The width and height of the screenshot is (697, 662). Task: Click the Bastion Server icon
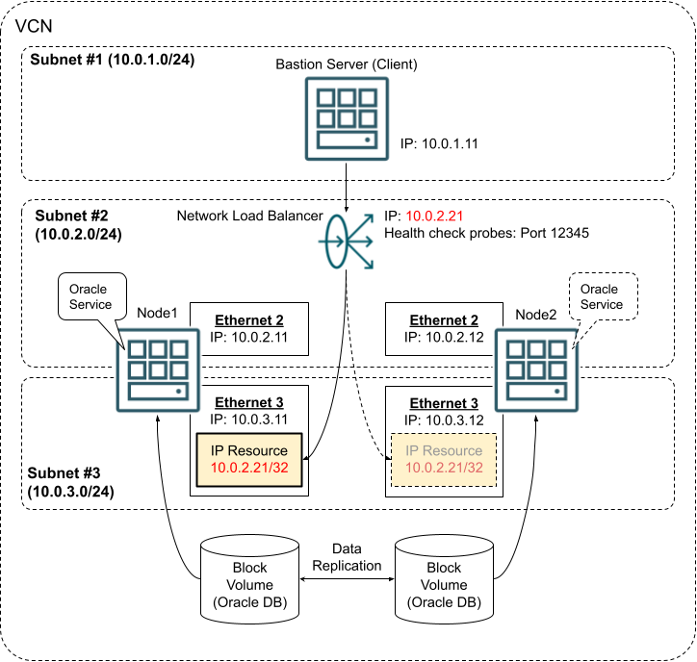pyautogui.click(x=345, y=116)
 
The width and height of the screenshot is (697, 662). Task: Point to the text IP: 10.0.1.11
pyautogui.click(x=440, y=144)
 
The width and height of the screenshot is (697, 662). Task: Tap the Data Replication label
pyautogui.click(x=347, y=556)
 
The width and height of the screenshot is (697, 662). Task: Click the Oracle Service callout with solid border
pyautogui.click(x=91, y=295)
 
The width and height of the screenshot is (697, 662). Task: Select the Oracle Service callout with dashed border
pyautogui.click(x=600, y=295)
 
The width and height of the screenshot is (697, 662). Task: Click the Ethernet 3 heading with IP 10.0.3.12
pyautogui.click(x=443, y=403)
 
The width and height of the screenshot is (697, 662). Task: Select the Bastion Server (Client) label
pyautogui.click(x=346, y=65)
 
